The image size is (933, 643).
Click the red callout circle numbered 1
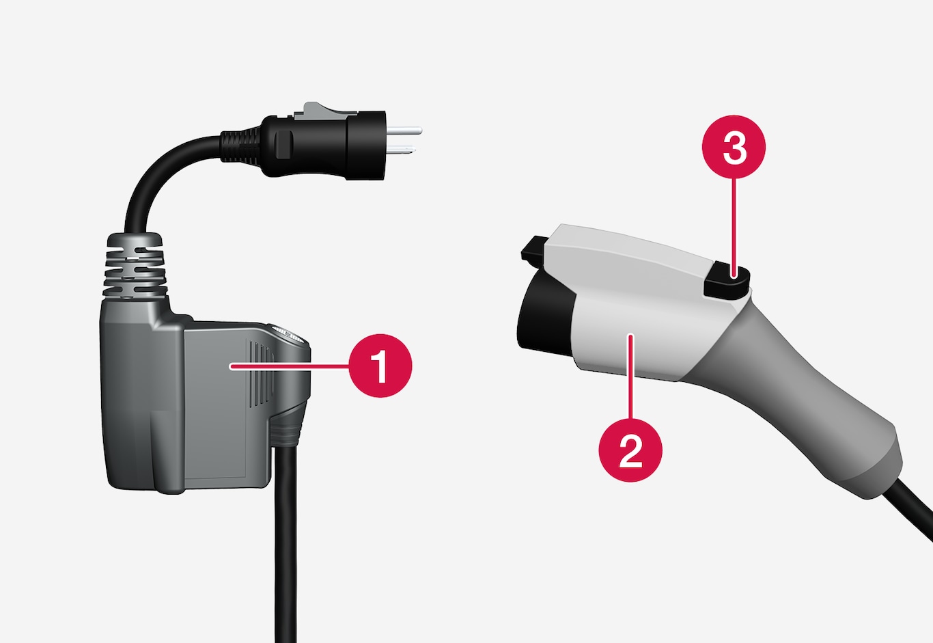(x=380, y=366)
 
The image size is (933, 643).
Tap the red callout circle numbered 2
(x=630, y=450)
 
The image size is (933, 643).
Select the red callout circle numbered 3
(x=734, y=147)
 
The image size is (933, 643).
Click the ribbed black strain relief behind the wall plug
(x=242, y=146)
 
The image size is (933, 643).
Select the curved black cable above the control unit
(x=167, y=175)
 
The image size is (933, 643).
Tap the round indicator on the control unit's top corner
(x=288, y=335)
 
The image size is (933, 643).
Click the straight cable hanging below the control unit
(x=286, y=542)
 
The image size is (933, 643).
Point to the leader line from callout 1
(x=290, y=366)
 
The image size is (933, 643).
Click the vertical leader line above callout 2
(x=630, y=377)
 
